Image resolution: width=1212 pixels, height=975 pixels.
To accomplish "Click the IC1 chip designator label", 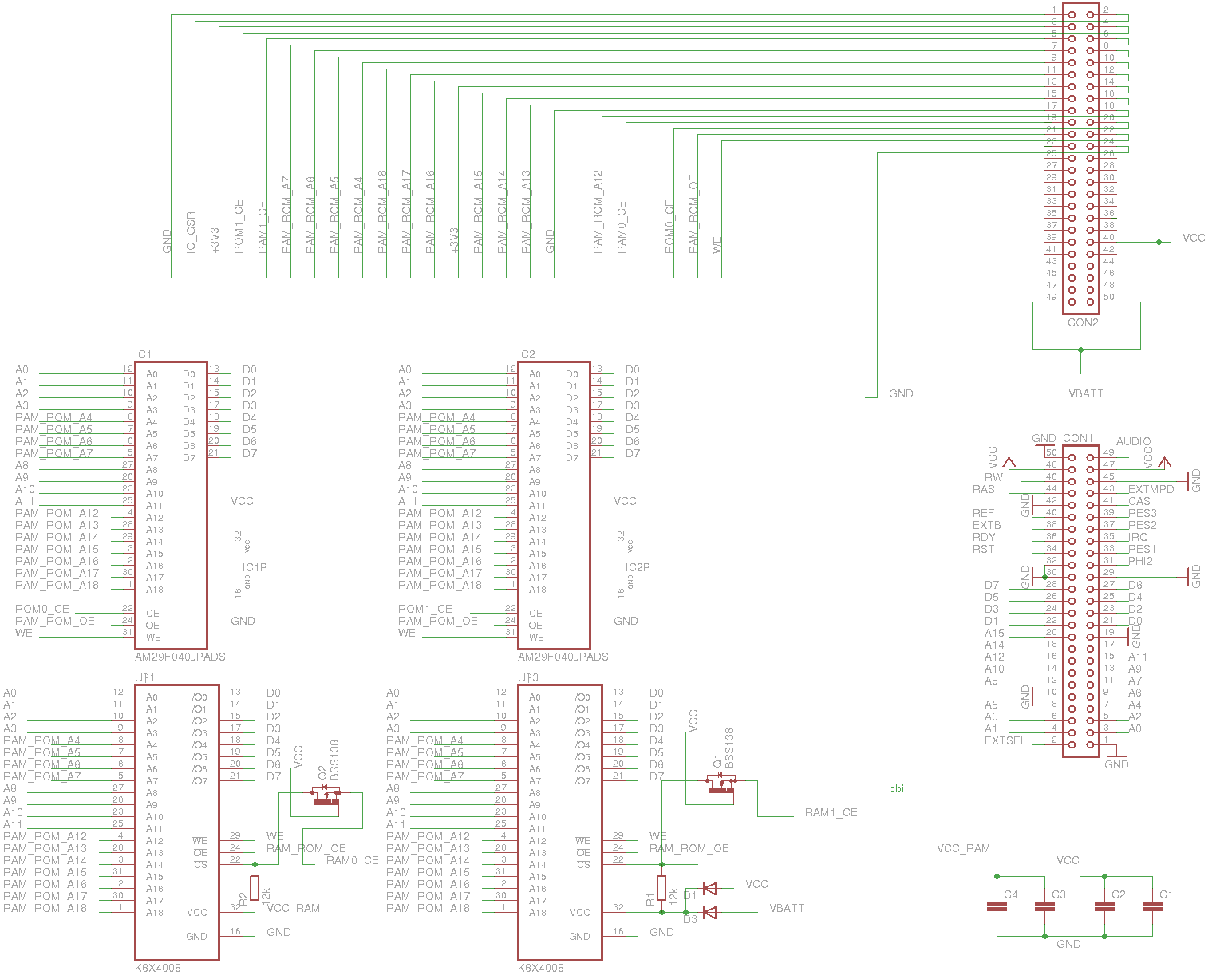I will tap(144, 354).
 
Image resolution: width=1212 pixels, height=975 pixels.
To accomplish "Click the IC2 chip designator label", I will tap(527, 354).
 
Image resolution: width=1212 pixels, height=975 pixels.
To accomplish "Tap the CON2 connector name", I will tap(1083, 323).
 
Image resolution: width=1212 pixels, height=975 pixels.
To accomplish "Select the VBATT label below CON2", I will tap(1086, 393).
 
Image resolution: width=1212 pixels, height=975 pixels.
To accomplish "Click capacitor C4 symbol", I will tap(997, 906).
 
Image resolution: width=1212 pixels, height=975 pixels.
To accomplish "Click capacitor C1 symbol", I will tap(1152, 906).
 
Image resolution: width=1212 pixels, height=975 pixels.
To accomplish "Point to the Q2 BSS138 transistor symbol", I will tap(326, 795).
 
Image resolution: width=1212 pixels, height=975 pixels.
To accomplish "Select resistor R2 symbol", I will tap(255, 888).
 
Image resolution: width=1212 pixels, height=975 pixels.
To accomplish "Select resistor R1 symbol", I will tap(661, 888).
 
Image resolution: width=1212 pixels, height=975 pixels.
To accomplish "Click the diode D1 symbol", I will tap(709, 888).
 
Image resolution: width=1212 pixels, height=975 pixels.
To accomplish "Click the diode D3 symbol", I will tap(709, 912).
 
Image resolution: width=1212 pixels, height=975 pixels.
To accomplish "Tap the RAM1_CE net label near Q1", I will tap(831, 812).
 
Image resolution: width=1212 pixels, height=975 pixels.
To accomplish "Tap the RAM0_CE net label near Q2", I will tap(352, 860).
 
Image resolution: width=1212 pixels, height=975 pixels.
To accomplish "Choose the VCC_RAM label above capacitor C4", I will tap(963, 848).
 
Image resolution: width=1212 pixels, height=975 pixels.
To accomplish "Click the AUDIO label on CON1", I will tap(1133, 441).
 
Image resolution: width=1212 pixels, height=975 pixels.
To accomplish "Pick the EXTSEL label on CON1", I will tap(1005, 740).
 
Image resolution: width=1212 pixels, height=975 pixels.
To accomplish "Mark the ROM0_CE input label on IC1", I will tap(42, 609).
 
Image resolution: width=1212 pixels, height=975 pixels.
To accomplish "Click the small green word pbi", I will tap(896, 789).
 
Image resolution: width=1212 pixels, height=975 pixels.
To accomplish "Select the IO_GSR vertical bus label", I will tap(191, 232).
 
